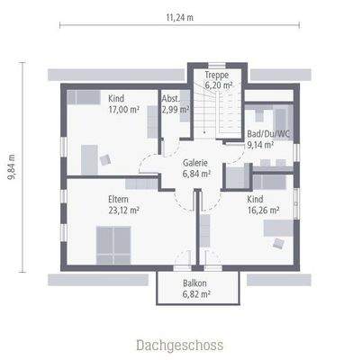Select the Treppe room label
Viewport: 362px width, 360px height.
[217, 75]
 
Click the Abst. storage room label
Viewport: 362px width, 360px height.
[171, 98]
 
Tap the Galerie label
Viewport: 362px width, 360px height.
[195, 163]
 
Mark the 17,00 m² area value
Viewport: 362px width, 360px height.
[122, 109]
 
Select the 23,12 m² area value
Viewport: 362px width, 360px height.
[122, 210]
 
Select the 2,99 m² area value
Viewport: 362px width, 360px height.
[175, 109]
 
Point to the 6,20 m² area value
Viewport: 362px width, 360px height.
[219, 85]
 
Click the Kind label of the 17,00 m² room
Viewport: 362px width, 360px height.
[116, 98]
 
